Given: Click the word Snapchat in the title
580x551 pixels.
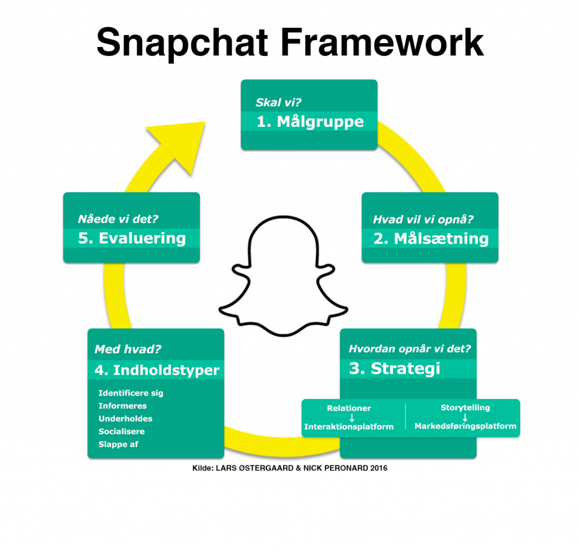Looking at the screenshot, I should (181, 43).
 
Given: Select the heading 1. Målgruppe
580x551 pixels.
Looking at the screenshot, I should (310, 122).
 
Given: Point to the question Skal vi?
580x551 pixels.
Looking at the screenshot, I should (278, 104).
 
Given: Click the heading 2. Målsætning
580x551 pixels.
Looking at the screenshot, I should (430, 238).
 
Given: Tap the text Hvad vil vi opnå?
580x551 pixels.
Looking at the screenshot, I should (423, 220).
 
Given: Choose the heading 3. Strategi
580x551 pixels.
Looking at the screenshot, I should (394, 369).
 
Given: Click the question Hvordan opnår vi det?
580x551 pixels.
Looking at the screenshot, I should (410, 349).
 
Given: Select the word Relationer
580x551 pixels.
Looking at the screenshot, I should (349, 408).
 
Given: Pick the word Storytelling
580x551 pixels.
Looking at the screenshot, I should (465, 408).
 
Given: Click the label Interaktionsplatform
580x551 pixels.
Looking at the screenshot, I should (349, 427).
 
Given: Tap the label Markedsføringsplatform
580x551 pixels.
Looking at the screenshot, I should (465, 426).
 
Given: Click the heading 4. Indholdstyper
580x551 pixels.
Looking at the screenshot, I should (157, 370).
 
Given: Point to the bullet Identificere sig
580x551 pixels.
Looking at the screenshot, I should (131, 393).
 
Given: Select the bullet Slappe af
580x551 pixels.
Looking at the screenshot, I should (118, 445).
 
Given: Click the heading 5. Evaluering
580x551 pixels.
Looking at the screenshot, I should (132, 238).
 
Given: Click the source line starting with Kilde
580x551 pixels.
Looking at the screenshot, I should (290, 469).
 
